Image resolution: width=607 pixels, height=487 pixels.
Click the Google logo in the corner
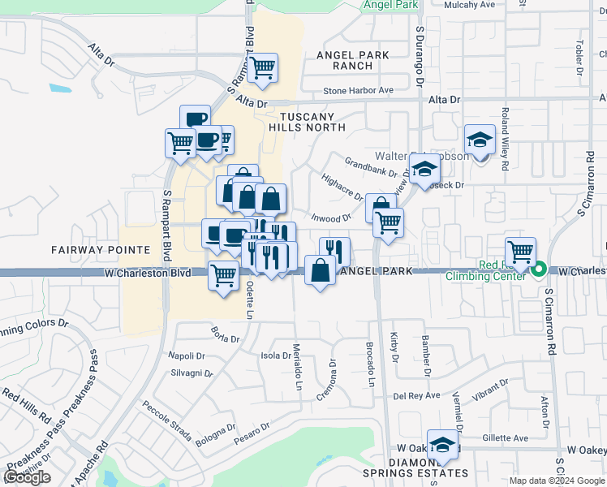27,477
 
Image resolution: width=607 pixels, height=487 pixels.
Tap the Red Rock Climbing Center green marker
540,266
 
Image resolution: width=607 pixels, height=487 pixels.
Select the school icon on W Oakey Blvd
442,444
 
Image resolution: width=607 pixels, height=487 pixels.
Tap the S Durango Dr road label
420,55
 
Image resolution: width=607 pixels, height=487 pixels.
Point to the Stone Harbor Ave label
358,90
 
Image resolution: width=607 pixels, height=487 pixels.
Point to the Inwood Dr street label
331,218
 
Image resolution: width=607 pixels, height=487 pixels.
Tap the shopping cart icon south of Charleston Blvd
223,275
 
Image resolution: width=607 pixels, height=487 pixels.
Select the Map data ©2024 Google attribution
557,481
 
